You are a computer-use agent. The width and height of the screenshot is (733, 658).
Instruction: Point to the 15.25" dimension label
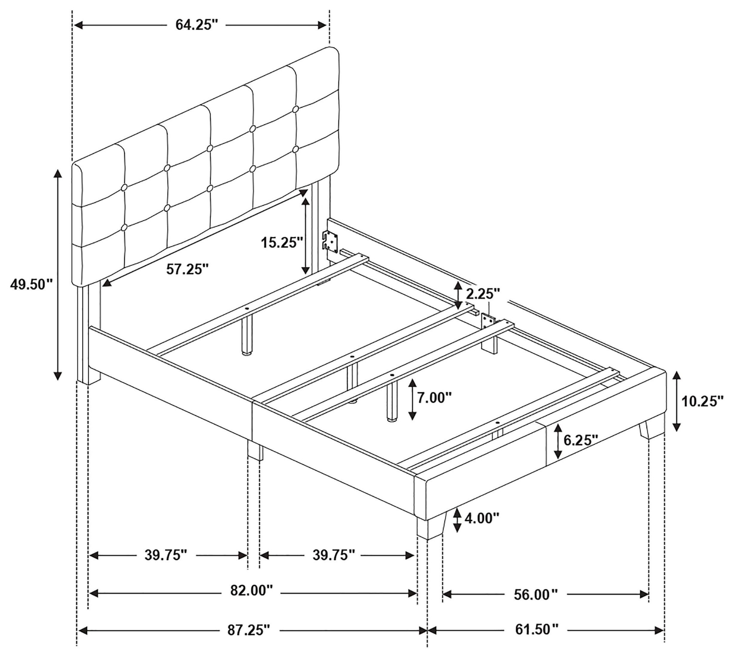[282, 242]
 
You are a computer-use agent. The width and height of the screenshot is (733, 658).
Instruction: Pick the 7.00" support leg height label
[434, 398]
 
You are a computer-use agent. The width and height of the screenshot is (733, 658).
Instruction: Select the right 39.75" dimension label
[334, 554]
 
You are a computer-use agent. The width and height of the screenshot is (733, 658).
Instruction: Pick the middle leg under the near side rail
[255, 450]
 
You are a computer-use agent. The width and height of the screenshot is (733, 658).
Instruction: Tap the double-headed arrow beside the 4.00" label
[457, 520]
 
